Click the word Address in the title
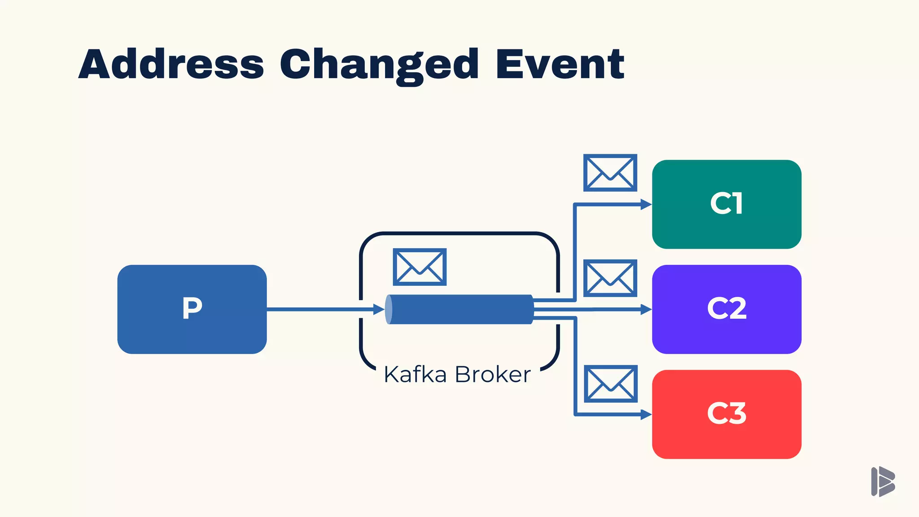click(x=171, y=64)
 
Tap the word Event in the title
click(x=560, y=64)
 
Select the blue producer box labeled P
click(x=192, y=309)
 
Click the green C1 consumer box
click(x=726, y=204)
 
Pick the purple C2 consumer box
click(x=726, y=309)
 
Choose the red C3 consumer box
click(x=726, y=414)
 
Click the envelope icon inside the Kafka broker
click(x=420, y=267)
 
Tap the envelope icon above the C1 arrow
click(x=610, y=173)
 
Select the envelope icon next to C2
click(x=610, y=278)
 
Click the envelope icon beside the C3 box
click(x=610, y=384)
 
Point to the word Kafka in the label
click(x=415, y=374)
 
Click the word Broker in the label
click(x=493, y=374)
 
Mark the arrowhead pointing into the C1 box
click(x=646, y=205)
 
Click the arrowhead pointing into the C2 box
click(x=646, y=309)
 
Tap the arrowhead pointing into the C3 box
click(x=646, y=414)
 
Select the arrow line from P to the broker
click(x=319, y=309)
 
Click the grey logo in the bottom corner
click(x=883, y=482)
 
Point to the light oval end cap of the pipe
click(x=389, y=309)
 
